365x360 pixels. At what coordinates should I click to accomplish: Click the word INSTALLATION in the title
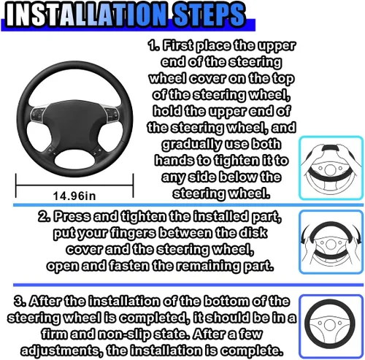[86, 15]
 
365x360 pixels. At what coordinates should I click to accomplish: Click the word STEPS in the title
[208, 15]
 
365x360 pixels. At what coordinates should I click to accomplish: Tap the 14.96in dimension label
[74, 196]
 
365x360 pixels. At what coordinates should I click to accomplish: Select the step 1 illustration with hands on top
[331, 168]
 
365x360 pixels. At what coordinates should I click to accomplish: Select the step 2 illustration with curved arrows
[331, 242]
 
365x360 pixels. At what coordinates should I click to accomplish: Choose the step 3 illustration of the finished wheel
[331, 326]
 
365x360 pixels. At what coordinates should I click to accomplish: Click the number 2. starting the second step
[45, 216]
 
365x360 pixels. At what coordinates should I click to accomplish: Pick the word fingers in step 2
[133, 234]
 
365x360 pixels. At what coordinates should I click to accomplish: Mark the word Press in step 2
[72, 216]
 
